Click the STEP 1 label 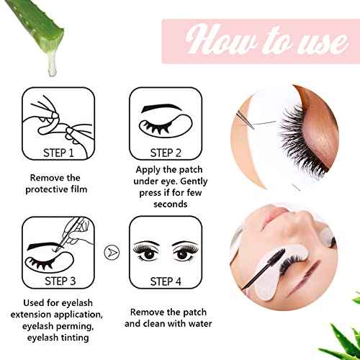59,152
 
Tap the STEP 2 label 165,152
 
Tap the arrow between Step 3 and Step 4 111,252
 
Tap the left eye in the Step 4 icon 148,256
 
